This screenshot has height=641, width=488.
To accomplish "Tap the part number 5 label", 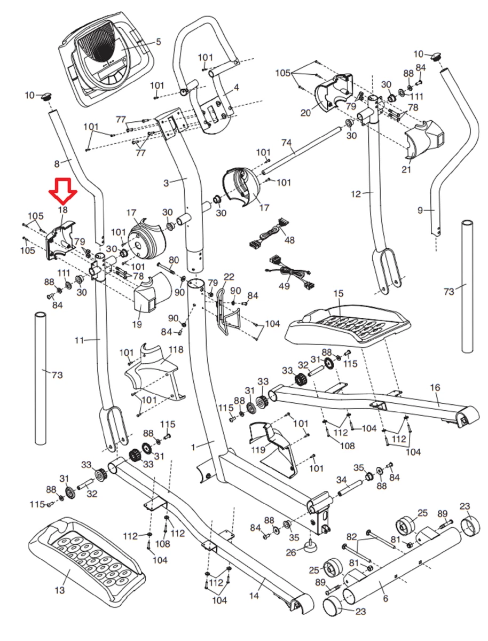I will tap(158, 42).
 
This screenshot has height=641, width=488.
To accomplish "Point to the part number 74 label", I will tap(287, 143).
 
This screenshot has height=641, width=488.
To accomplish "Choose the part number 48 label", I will tap(289, 240).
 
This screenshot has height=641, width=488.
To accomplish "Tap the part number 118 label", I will tap(176, 350).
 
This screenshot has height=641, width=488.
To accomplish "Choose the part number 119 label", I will tap(258, 450).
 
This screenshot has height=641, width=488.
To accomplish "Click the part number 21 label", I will tap(406, 170).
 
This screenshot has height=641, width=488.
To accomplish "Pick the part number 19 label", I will tap(137, 324).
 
